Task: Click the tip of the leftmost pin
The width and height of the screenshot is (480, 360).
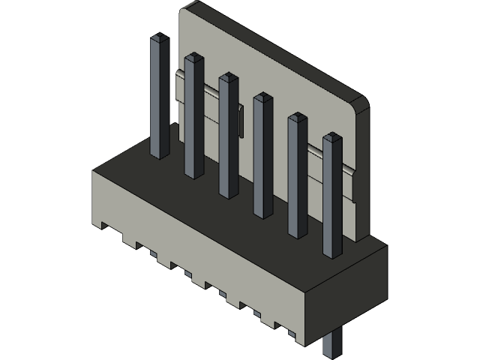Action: coord(159,37)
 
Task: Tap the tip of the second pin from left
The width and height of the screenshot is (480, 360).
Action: coord(193,57)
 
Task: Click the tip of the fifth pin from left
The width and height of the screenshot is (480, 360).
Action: coord(298,118)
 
